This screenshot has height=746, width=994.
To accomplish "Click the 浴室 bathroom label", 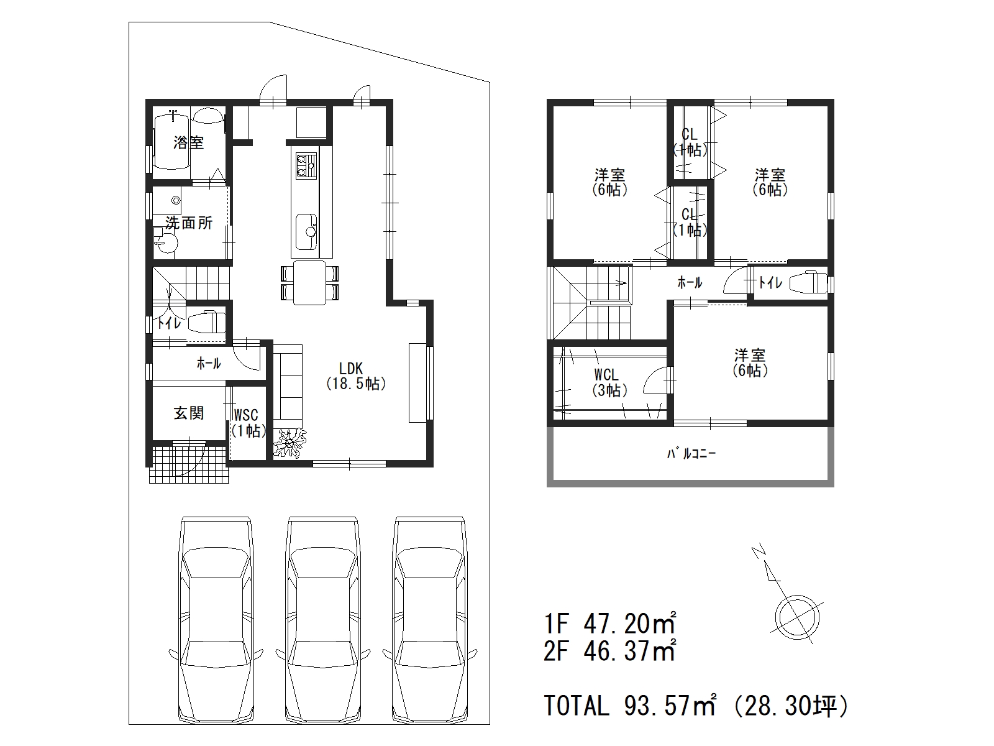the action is [189, 143].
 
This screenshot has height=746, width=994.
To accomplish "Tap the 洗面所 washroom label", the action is [189, 223].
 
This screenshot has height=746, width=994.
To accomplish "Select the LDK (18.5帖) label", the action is [356, 375].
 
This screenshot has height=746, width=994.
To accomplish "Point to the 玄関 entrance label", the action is [189, 413].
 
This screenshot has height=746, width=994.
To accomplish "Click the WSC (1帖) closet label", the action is [247, 423].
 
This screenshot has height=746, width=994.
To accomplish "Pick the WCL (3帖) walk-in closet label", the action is [609, 382].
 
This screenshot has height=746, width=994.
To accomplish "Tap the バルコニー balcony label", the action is [691, 453].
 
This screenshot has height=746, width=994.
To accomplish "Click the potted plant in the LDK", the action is [290, 443].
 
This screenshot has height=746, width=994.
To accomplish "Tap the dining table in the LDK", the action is [310, 283].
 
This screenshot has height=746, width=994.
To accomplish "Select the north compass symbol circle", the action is [797, 618].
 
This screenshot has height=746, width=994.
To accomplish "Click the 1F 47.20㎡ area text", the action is [609, 624].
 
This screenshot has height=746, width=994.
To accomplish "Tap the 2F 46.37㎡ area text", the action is [609, 651].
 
